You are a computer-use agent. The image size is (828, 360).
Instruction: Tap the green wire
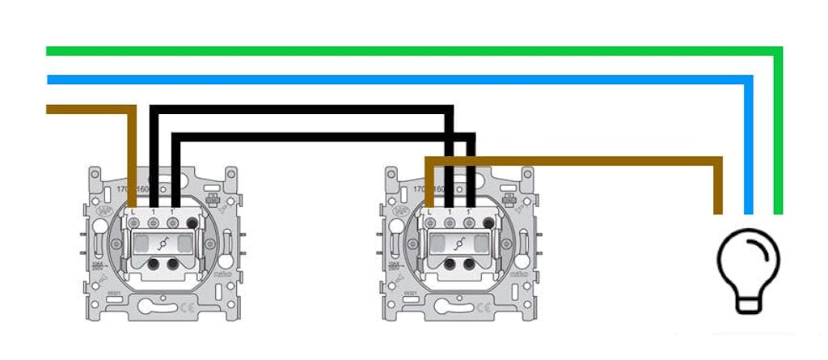click(x=404, y=51)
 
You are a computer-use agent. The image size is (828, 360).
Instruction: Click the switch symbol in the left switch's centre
click(x=163, y=242)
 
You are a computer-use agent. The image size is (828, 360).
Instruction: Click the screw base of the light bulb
click(x=748, y=303)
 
